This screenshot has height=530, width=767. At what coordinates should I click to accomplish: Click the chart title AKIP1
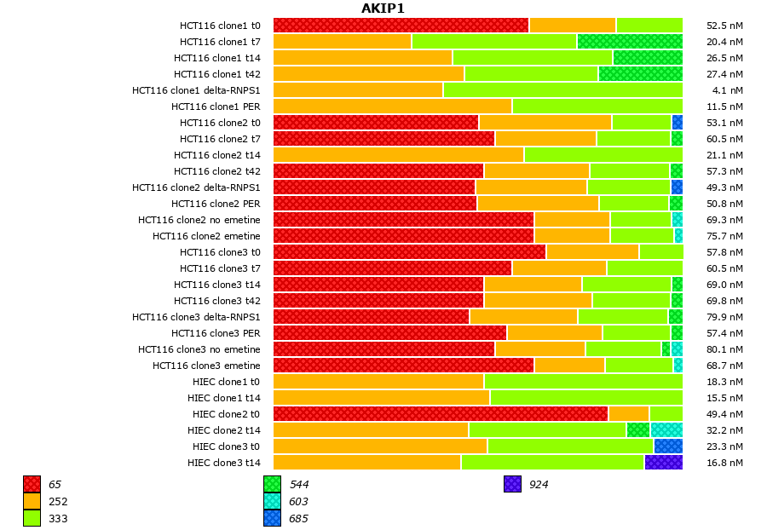(383, 9)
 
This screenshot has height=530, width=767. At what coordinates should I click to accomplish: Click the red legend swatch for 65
(32, 485)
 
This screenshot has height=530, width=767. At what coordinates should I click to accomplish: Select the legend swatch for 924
(512, 485)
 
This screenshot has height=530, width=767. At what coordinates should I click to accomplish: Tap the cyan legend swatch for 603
(272, 502)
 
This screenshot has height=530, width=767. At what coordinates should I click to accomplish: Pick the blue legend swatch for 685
(272, 518)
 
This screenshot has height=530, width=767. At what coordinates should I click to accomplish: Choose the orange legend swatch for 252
(32, 502)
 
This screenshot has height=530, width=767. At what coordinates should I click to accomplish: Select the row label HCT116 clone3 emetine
(206, 366)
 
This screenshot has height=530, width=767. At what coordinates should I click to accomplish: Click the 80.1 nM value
(724, 349)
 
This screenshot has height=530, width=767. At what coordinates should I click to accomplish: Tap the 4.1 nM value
(728, 90)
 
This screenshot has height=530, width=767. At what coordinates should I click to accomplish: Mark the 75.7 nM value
(724, 236)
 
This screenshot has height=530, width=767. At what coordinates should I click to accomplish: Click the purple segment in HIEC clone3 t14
(663, 463)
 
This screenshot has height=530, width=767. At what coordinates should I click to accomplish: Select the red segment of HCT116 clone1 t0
(401, 26)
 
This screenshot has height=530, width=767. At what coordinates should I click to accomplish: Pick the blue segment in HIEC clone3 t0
(668, 446)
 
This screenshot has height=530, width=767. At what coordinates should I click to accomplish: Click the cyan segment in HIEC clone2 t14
(666, 430)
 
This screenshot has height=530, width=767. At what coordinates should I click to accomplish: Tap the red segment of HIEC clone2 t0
(441, 414)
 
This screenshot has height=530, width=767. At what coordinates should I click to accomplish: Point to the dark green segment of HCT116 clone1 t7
(630, 42)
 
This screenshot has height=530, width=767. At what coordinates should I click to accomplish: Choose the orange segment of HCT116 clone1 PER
(392, 107)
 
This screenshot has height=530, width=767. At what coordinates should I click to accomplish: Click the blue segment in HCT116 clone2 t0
(678, 123)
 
